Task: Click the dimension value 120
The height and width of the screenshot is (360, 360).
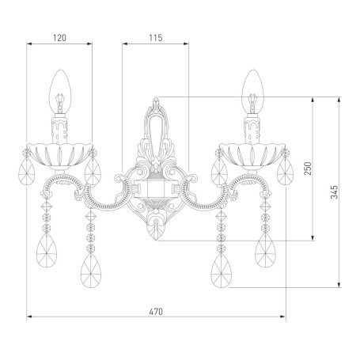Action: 59,38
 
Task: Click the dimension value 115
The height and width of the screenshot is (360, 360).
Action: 156,38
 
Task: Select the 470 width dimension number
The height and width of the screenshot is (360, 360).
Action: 156,312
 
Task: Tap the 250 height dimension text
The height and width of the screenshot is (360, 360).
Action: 308,169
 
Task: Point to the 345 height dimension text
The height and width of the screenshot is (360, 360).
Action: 334,192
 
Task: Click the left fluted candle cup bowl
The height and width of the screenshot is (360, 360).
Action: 60,156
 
